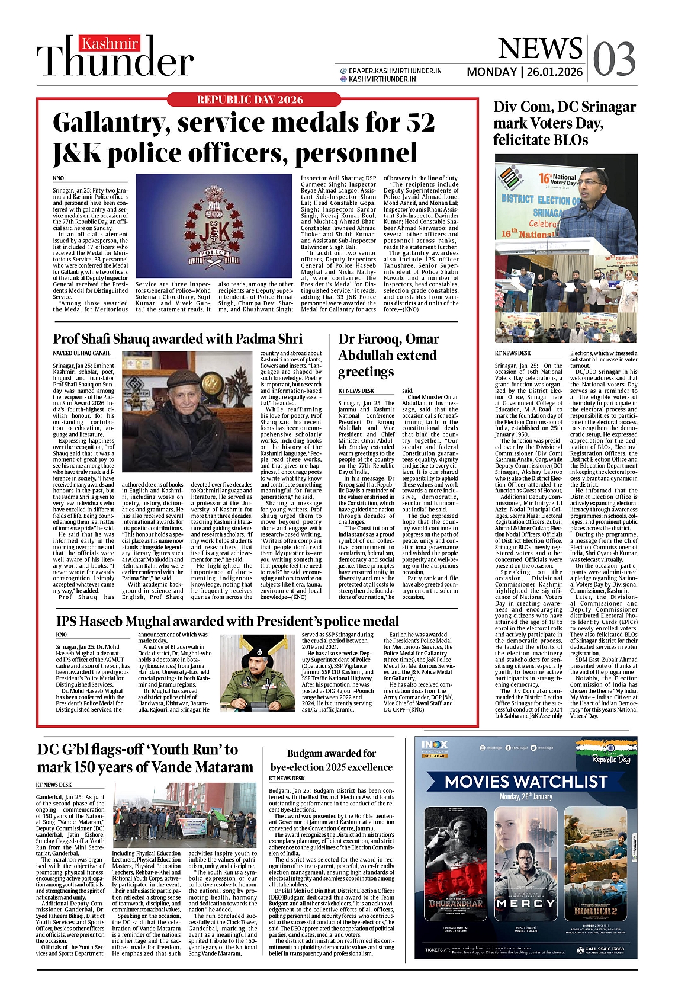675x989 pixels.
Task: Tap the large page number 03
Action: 614,59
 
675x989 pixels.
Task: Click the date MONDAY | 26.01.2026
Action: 525,72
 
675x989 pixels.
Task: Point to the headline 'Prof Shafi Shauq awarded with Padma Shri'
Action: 178,339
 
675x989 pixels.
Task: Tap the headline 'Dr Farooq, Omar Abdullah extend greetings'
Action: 388,355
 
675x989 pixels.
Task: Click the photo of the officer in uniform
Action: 257,673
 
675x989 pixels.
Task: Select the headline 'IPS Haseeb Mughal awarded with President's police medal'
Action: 227,621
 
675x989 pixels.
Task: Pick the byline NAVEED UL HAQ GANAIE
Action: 82,353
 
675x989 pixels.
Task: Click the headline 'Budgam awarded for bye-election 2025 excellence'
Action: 331,760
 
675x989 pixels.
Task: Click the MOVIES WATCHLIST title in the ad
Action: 526,781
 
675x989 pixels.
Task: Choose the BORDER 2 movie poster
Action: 595,862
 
